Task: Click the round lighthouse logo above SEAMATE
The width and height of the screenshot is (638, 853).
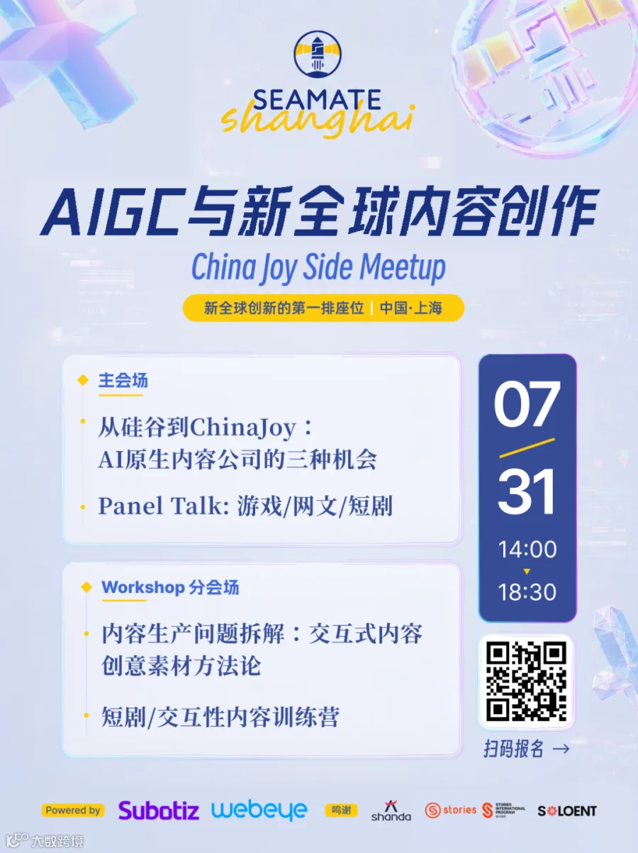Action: [318, 54]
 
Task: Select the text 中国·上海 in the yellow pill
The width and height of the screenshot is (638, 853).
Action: [411, 308]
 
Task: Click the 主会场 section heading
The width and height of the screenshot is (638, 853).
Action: [123, 381]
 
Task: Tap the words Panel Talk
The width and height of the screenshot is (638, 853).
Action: [164, 506]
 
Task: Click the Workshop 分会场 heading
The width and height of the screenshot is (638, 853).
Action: [170, 587]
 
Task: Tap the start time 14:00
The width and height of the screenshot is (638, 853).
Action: [527, 550]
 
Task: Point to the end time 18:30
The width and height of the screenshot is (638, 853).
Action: [527, 592]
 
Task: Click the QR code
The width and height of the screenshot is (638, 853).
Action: [527, 681]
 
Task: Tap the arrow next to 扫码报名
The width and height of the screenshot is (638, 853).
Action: [561, 749]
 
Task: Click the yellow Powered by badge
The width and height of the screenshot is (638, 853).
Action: [73, 810]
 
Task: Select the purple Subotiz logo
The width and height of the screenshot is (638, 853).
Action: [159, 810]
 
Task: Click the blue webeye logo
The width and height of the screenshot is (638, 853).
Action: [259, 811]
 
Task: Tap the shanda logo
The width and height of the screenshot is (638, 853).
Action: [391, 811]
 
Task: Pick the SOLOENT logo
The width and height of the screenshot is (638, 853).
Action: [567, 811]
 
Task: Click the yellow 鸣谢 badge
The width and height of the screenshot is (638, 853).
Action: [341, 810]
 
